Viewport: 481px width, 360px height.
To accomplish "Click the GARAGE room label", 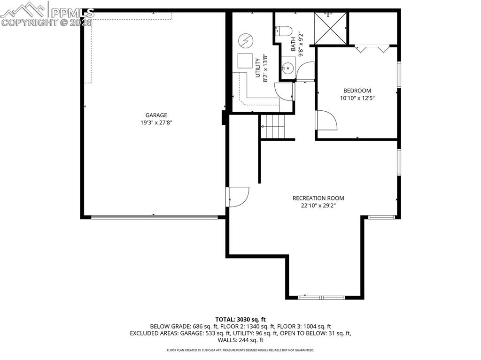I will [156, 115].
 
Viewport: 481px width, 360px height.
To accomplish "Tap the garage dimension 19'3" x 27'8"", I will [156, 123].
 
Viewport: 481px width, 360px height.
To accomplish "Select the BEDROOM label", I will [357, 91].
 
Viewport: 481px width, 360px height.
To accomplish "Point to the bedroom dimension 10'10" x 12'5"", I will [357, 98].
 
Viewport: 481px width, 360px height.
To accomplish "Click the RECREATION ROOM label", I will [318, 198].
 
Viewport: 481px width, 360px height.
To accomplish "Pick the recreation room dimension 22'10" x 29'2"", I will [318, 206].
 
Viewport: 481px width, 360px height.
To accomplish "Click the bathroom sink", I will [288, 68].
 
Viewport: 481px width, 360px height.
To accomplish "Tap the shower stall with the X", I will [330, 28].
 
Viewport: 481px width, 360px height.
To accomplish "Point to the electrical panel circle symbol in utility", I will [245, 41].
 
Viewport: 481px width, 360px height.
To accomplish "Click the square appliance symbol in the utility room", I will [245, 61].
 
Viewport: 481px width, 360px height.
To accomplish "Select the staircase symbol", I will [273, 126].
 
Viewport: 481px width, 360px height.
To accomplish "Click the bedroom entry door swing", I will [326, 121].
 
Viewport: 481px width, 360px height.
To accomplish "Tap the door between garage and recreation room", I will [238, 197].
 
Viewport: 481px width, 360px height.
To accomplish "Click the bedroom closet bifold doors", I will [372, 48].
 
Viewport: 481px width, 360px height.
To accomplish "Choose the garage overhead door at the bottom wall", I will [154, 217].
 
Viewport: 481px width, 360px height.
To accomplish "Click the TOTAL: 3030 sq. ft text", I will [240, 319].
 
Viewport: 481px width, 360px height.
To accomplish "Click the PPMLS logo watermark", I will [47, 14].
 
